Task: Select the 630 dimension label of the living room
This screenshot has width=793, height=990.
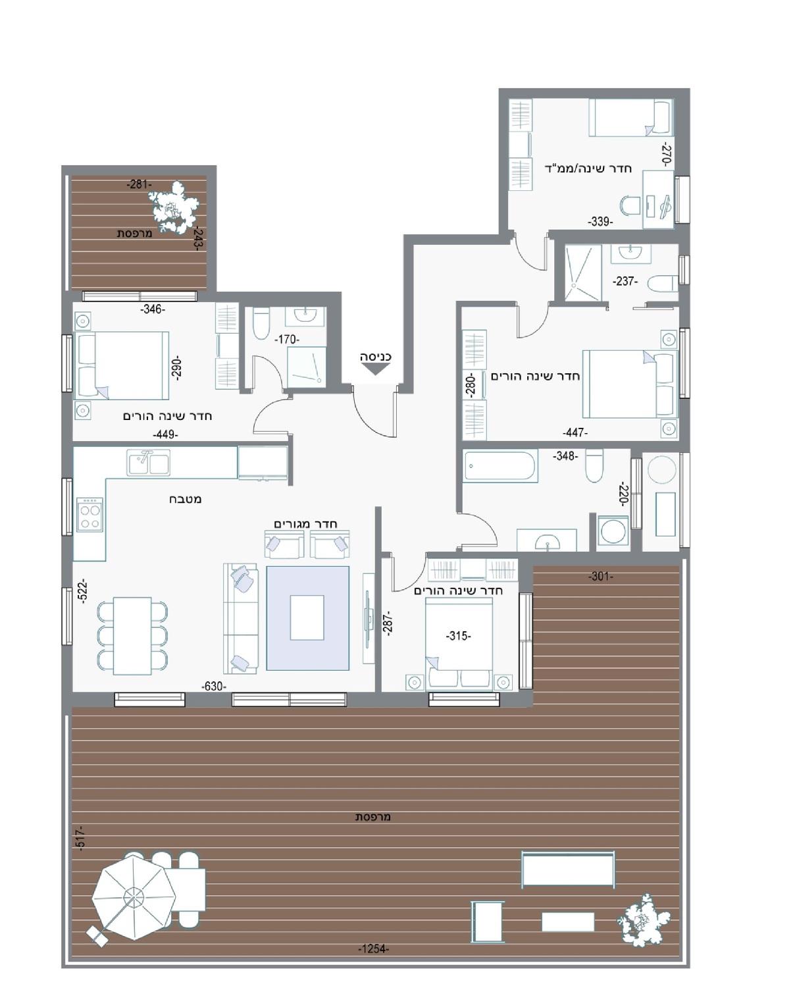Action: click(x=214, y=687)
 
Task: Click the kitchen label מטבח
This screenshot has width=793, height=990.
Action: click(x=186, y=499)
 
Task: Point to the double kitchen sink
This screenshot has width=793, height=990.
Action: click(x=148, y=462)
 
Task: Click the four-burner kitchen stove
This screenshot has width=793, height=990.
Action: click(x=90, y=514)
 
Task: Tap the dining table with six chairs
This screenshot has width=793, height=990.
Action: click(x=132, y=636)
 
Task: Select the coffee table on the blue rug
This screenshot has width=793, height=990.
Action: click(x=307, y=617)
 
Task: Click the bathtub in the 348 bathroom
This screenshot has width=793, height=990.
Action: click(x=500, y=466)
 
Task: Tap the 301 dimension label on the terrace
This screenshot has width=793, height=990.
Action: click(x=601, y=576)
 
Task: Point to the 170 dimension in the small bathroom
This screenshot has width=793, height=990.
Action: click(x=286, y=339)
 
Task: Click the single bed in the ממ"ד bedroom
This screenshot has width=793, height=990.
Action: click(x=630, y=117)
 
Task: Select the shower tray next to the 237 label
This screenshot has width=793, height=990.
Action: click(x=583, y=273)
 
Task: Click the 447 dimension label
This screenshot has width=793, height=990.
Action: click(x=575, y=432)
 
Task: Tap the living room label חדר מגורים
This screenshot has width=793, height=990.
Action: click(x=306, y=524)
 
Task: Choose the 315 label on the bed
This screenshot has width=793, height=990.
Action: click(x=458, y=636)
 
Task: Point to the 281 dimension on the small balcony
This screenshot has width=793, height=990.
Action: click(x=139, y=184)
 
